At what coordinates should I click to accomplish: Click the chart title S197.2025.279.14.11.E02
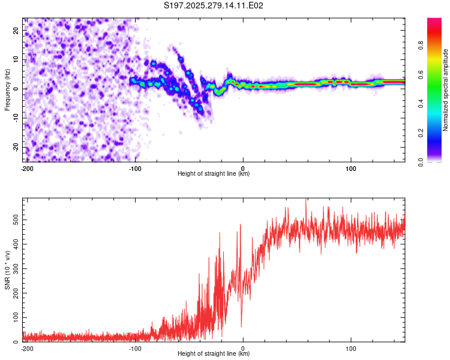point(214,5)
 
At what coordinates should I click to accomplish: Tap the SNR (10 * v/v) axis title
point(7,270)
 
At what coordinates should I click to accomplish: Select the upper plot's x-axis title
point(214,173)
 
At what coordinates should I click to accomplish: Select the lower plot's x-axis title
point(214,353)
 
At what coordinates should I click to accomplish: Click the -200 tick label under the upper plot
point(26,167)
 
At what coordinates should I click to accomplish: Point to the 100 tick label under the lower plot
point(350,347)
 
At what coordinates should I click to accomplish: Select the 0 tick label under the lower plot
point(243,347)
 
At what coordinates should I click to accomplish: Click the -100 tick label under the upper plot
point(134,167)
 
